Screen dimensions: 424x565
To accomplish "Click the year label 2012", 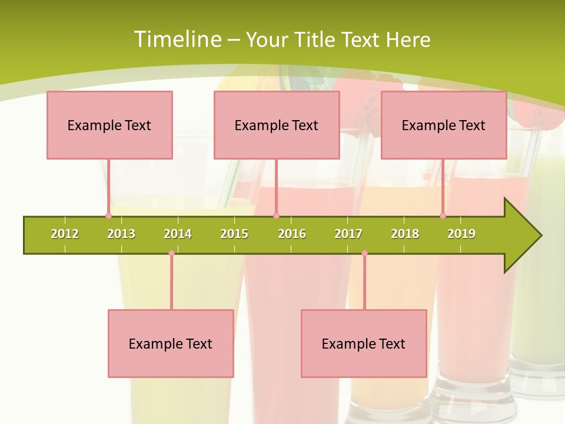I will (65, 234).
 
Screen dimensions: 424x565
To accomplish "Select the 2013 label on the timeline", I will (121, 234).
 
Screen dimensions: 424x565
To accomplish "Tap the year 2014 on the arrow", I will (178, 234).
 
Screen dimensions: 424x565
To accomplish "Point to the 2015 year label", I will (234, 234).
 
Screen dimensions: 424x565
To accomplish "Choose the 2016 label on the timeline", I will (292, 234).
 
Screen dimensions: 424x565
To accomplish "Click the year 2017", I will (348, 234).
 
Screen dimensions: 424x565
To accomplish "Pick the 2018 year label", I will (405, 234).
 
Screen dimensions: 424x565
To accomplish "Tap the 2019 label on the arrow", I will (461, 234).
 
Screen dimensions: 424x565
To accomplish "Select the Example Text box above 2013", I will (109, 125).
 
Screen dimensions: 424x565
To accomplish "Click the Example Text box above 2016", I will (277, 125).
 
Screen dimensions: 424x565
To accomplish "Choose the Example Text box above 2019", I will (444, 125).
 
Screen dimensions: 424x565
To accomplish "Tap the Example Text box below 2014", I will (171, 343).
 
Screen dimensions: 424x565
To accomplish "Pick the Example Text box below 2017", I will (364, 343).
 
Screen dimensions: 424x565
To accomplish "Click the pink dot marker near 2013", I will (108, 216).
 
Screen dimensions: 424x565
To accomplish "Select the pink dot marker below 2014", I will (171, 253).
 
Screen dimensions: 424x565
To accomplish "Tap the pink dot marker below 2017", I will (364, 253).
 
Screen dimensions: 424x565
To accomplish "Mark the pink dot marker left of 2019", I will (443, 216).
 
